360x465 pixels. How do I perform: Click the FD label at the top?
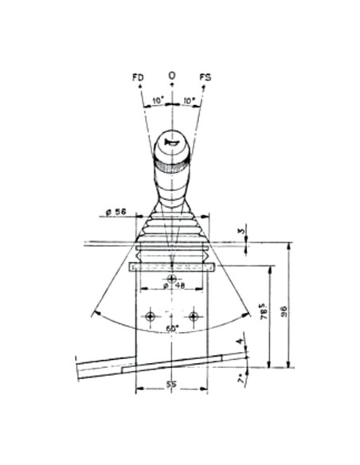tap(138, 76)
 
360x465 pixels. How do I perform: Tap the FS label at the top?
tap(205, 76)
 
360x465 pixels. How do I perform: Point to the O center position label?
tap(171, 75)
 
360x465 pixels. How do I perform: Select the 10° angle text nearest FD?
tap(157, 101)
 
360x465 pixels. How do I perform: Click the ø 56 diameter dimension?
tap(117, 213)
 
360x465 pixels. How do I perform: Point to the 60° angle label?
tap(171, 327)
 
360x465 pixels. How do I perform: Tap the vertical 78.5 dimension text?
tap(262, 312)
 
